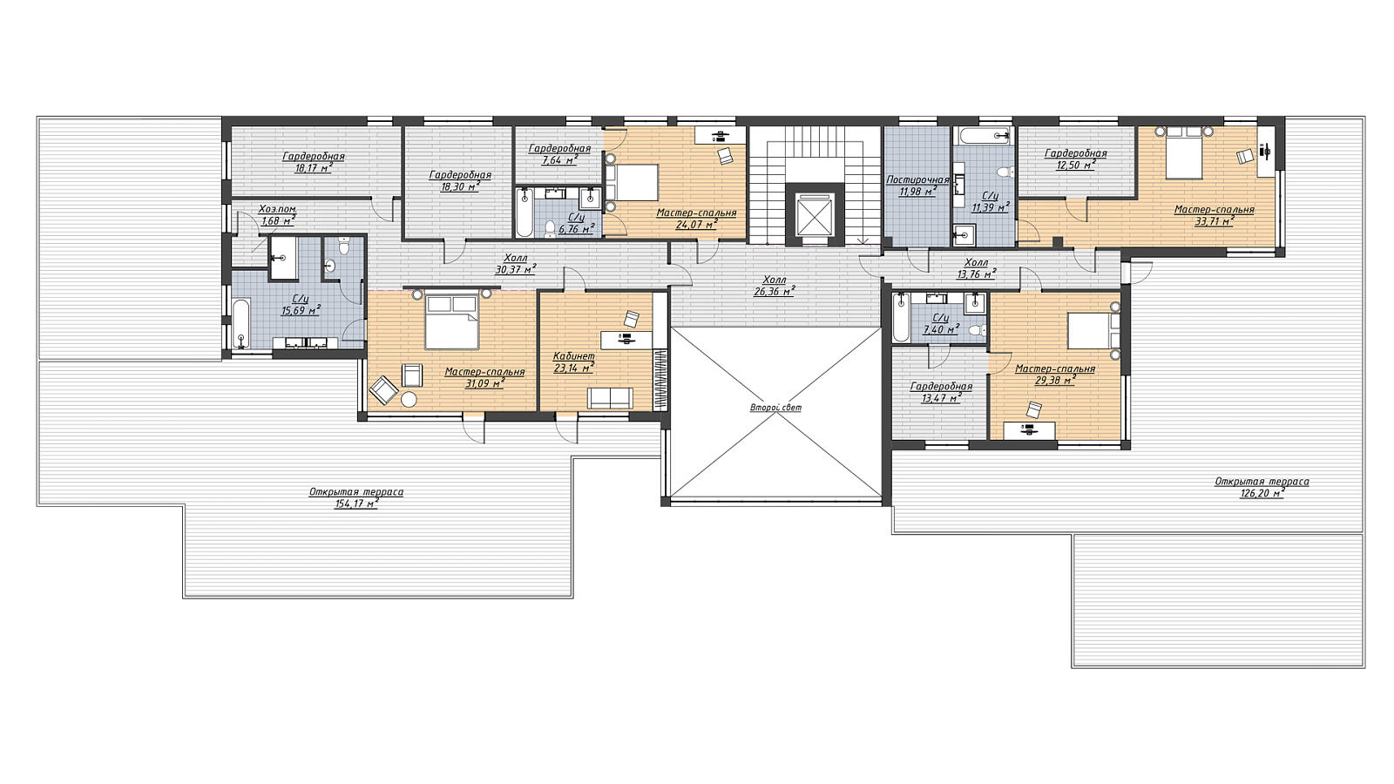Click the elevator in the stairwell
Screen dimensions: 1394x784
(815, 214)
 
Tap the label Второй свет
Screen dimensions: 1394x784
(775, 409)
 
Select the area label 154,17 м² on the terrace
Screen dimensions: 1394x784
(356, 504)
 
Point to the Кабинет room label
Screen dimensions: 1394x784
(574, 356)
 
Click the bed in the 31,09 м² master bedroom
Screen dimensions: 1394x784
(452, 321)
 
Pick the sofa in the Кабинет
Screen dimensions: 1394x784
(610, 398)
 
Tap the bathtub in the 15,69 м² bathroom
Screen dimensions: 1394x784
(241, 324)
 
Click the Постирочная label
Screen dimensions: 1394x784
(918, 180)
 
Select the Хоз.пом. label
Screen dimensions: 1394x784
(277, 209)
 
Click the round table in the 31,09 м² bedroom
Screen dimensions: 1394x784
(409, 400)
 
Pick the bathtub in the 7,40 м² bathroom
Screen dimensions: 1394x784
(900, 317)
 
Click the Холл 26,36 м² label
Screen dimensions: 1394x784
(775, 287)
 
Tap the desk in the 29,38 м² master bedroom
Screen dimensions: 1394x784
(1029, 430)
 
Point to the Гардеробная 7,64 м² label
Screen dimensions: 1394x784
(559, 154)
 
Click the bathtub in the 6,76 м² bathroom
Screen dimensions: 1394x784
(524, 213)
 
